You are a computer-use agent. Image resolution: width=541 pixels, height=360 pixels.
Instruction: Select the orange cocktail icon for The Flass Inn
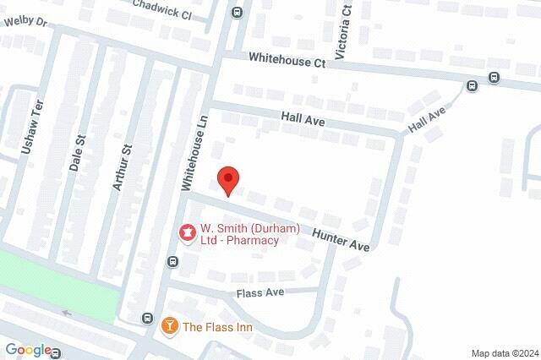tap(169, 325)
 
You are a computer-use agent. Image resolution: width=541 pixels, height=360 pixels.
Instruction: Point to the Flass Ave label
tap(262, 292)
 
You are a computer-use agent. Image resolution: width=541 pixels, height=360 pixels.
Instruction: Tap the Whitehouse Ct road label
tap(287, 61)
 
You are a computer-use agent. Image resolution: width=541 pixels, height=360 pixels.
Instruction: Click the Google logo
tap(28, 349)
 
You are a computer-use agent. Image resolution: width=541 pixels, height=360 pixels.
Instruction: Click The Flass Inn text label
tap(217, 327)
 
